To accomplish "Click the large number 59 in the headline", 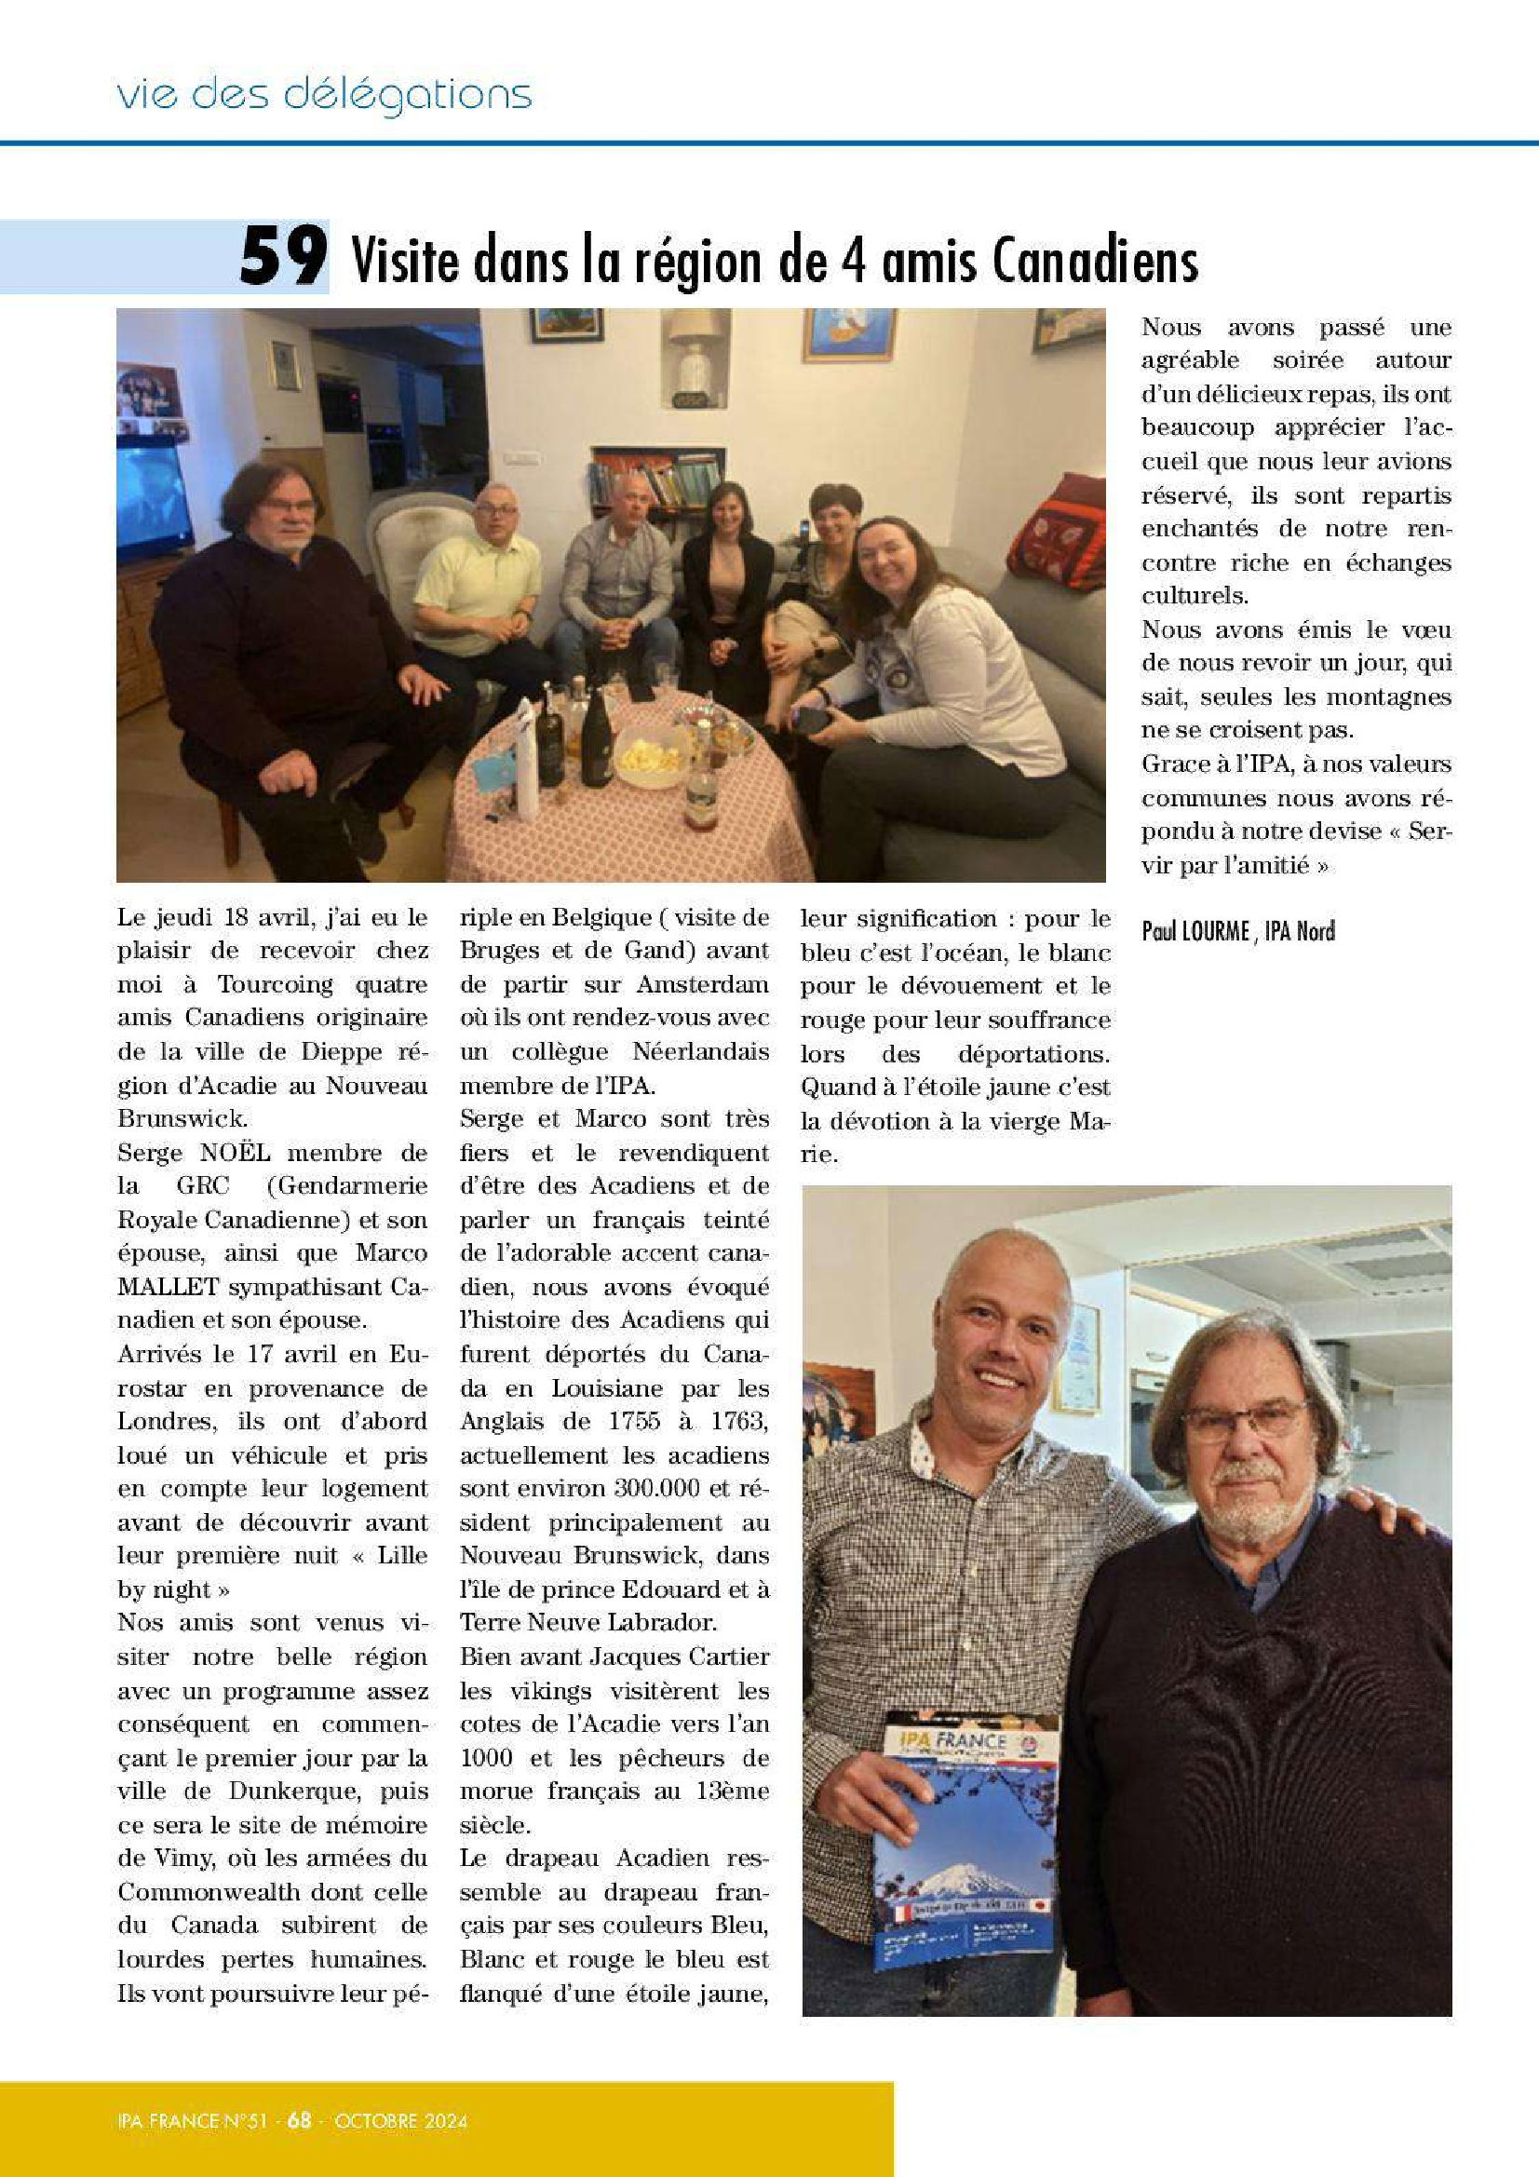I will [x=283, y=257].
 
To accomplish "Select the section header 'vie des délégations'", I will [x=323, y=95].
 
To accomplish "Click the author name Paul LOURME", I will [x=1195, y=931].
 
